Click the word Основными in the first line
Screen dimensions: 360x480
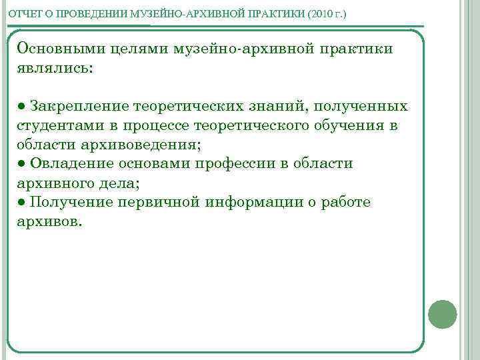pyautogui.click(x=59, y=49)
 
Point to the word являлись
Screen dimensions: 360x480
pyautogui.click(x=56, y=68)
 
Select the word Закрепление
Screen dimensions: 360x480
pyautogui.click(x=79, y=107)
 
